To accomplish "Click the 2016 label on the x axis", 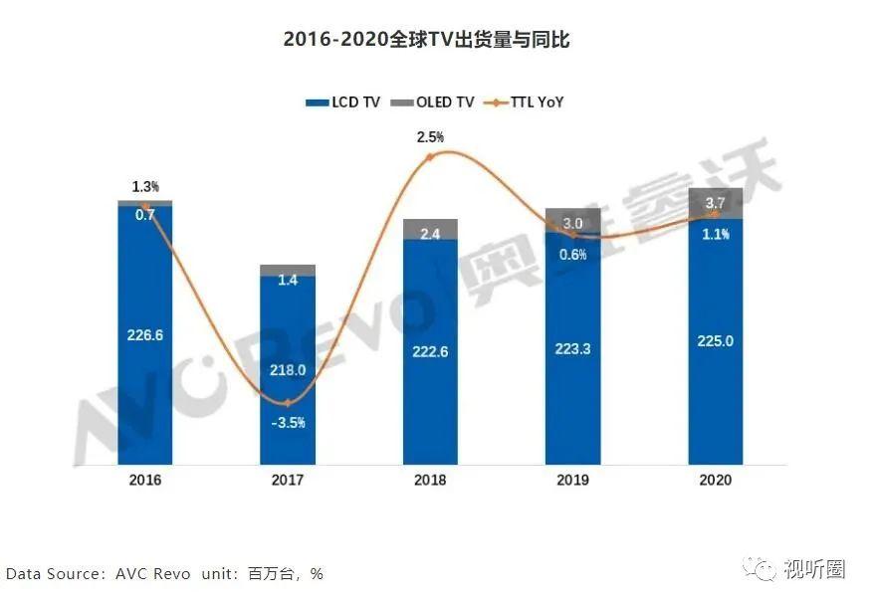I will coord(145,480).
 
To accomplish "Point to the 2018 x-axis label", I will coord(430,480).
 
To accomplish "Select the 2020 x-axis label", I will coord(715,480).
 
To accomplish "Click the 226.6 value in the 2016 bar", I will coord(145,335).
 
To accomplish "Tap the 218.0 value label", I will coord(288,369).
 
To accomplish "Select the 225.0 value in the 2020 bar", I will coord(715,341).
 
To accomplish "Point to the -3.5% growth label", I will coord(288,422).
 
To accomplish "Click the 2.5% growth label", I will coord(430,137).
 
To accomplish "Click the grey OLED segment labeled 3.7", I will coord(715,203).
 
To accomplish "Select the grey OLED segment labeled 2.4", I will coord(430,231).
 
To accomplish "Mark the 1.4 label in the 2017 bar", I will coord(288,282).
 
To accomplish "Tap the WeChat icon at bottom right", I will coord(765,570).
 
